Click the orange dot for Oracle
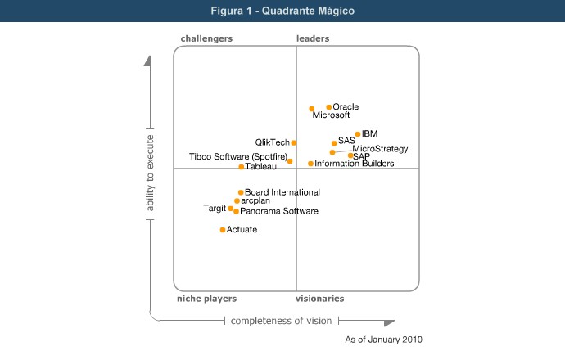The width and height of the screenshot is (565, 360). click(x=329, y=107)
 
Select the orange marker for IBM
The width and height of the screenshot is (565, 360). click(x=358, y=134)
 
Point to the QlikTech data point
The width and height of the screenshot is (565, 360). click(x=294, y=143)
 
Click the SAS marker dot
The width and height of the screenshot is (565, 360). click(x=334, y=143)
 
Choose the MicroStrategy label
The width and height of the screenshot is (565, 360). click(x=380, y=149)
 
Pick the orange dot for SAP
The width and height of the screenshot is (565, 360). click(x=350, y=155)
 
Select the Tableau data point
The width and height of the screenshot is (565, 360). click(x=242, y=167)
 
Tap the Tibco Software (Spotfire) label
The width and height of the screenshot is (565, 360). click(x=238, y=156)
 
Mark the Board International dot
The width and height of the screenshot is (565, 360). click(x=241, y=193)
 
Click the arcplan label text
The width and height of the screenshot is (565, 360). click(x=255, y=200)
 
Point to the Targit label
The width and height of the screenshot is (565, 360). click(x=215, y=209)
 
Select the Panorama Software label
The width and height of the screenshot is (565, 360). click(x=279, y=212)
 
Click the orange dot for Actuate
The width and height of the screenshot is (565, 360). click(x=223, y=230)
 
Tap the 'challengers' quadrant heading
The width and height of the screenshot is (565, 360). click(x=206, y=38)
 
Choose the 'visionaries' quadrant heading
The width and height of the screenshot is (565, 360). click(x=319, y=299)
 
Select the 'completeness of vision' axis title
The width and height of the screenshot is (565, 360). click(x=282, y=321)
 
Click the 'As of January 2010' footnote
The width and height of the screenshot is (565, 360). click(x=384, y=339)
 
